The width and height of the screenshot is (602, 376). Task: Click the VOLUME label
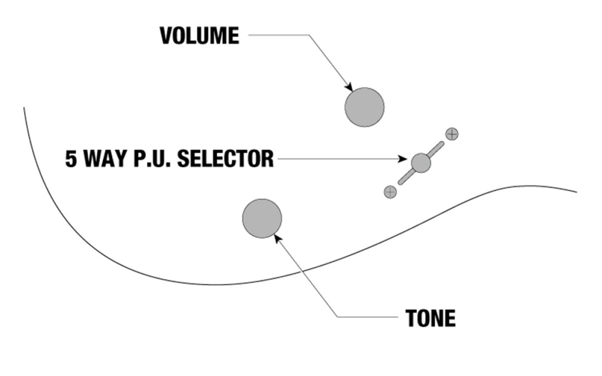pos(200,36)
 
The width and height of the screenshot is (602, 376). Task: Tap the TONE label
pos(430,318)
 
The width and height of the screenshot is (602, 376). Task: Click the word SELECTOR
pos(225,159)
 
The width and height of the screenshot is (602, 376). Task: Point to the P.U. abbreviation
pos(152,159)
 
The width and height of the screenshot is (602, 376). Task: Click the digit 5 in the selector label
pos(71,159)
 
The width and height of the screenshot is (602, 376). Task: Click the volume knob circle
pos(364,107)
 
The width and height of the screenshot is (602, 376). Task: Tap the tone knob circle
pos(262,219)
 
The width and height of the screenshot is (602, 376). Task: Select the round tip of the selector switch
pos(421,163)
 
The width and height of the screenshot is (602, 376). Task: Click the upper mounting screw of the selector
pos(452,134)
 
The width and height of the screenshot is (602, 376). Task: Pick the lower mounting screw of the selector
pos(390,192)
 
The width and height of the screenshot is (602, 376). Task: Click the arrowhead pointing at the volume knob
pos(349,87)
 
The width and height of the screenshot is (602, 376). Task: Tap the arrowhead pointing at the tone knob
pos(277,239)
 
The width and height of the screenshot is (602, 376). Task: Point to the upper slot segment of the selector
pos(435,149)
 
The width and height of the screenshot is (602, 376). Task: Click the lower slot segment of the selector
pos(406,177)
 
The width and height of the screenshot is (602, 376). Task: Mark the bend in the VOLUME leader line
pos(309,35)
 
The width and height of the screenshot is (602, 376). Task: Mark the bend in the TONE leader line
pos(338,317)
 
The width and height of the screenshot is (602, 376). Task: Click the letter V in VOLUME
pos(166,36)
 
